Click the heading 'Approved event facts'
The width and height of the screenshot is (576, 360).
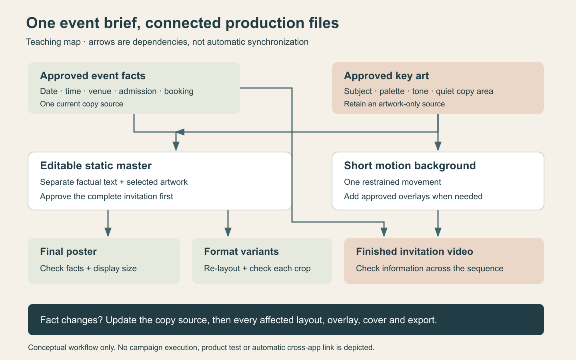(x=92, y=76)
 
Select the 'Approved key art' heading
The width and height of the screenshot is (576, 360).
(x=386, y=76)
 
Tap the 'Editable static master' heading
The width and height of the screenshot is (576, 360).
(x=96, y=166)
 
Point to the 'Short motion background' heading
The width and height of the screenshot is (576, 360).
(x=410, y=166)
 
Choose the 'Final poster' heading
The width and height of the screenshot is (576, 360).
(x=68, y=252)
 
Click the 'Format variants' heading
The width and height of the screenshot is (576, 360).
(x=241, y=252)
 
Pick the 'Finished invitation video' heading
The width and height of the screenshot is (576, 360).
(x=414, y=252)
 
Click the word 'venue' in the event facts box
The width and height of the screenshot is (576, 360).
(x=100, y=91)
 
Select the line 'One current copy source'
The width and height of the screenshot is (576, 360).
(x=82, y=104)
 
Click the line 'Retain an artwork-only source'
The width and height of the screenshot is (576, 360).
(x=394, y=104)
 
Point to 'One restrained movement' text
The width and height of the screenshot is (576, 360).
(x=392, y=182)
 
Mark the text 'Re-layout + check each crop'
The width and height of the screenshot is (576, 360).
(x=257, y=268)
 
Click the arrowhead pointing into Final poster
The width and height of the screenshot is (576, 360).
(x=108, y=232)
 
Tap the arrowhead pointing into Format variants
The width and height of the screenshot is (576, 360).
(x=228, y=232)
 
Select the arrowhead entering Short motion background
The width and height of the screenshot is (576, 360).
(x=438, y=146)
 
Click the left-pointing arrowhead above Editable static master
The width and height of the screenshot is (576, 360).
(x=180, y=132)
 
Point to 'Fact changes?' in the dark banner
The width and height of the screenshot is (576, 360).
(x=71, y=320)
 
